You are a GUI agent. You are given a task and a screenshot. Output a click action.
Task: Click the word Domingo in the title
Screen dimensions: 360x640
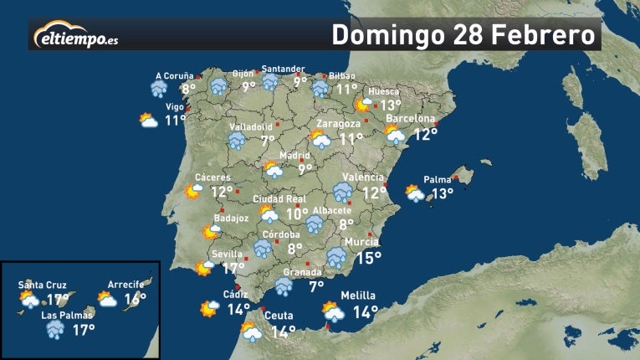click(x=387, y=36)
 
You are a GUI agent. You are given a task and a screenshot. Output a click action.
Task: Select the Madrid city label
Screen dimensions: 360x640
click(x=294, y=155)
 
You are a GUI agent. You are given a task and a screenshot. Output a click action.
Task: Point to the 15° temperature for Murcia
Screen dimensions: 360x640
click(x=369, y=259)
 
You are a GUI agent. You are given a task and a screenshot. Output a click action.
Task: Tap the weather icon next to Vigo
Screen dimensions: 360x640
click(x=149, y=121)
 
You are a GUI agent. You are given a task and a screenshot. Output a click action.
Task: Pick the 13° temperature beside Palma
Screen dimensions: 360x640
click(x=442, y=194)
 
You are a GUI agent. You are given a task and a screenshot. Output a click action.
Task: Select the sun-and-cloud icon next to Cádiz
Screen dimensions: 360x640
click(x=208, y=309)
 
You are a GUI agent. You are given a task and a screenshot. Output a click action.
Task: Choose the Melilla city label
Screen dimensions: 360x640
click(x=359, y=296)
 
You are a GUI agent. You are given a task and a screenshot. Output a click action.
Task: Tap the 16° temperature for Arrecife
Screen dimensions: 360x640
click(x=135, y=299)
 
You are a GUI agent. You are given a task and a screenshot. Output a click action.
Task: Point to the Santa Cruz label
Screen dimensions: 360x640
click(x=42, y=285)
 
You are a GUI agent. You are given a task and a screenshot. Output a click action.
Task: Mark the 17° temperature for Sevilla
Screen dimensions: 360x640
click(x=233, y=269)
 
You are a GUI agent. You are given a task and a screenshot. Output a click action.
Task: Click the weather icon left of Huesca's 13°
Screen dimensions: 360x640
click(x=364, y=105)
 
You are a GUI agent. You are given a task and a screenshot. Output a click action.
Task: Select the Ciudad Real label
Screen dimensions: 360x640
click(x=276, y=199)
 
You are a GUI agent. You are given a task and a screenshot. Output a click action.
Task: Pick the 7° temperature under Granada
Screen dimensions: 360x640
click(x=316, y=286)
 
